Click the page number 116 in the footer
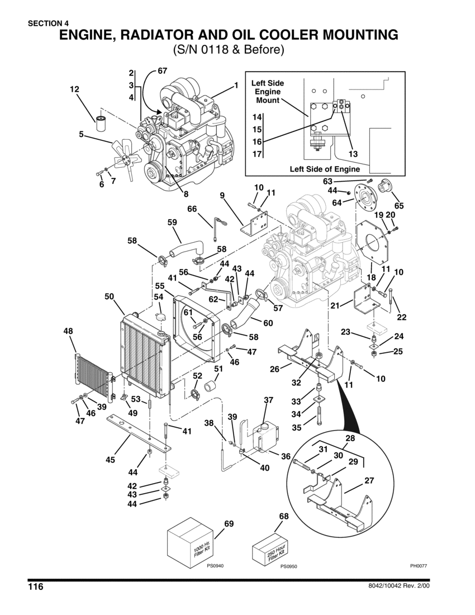(35, 587)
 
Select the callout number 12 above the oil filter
(74, 89)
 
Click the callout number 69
(229, 524)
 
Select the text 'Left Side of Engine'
(325, 169)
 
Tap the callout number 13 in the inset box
(353, 154)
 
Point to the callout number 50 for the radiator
(110, 296)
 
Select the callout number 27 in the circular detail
(369, 480)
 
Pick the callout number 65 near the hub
(399, 206)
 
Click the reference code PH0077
(418, 566)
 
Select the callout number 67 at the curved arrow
(162, 71)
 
